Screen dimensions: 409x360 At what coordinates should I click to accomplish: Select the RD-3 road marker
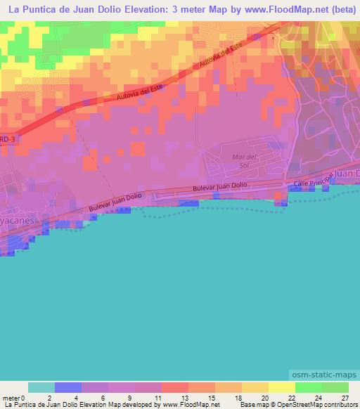point(6,138)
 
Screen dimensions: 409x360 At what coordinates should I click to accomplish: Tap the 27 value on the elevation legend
point(345,397)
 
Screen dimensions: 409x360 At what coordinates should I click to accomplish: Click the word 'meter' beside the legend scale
point(12,397)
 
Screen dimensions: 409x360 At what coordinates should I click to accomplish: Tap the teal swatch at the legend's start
point(41,387)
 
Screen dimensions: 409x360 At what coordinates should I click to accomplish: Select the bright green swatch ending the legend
point(335,387)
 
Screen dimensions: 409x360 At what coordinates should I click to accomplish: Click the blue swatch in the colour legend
point(68,387)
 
